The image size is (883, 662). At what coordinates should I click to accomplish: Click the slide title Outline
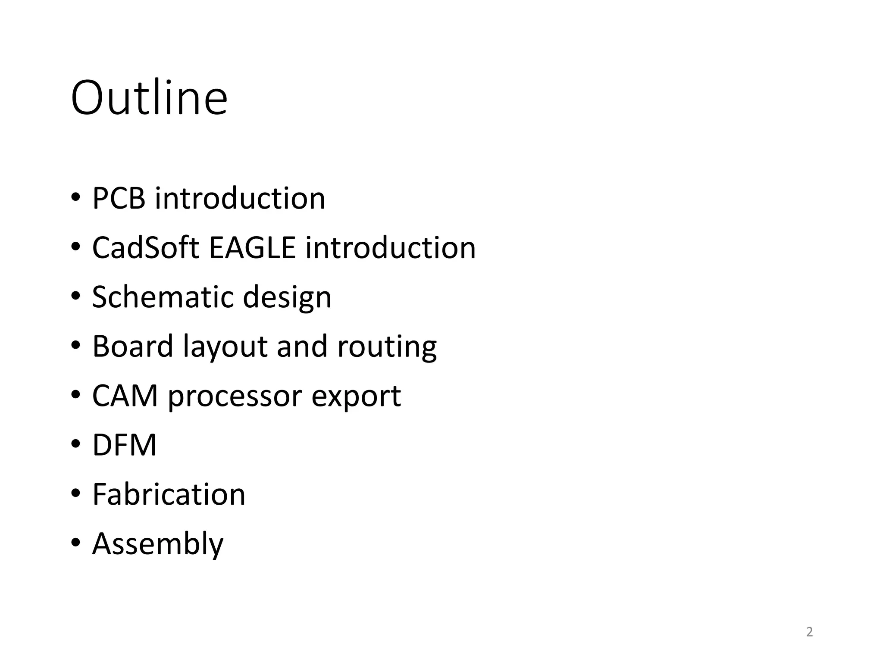coord(149,98)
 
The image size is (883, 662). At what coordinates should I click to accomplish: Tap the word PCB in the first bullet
coord(119,198)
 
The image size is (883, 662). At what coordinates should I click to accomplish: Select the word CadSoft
coord(146,248)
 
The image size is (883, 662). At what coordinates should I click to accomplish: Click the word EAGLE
coord(252,248)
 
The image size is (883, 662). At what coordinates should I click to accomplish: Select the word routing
coord(387,347)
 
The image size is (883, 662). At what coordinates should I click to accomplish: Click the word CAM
coord(125,396)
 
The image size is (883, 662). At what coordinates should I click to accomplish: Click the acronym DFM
coord(124,445)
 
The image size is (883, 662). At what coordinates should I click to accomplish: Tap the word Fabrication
coord(169,494)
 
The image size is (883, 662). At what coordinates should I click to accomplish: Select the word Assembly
coord(158,544)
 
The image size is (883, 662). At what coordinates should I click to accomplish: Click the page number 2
coord(809,632)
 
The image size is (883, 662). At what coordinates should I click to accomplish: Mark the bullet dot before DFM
coord(76,444)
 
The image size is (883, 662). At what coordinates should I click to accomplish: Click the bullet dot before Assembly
coord(76,542)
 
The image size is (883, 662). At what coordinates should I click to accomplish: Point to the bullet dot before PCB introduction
coord(76,197)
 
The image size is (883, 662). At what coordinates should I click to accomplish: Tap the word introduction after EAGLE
coord(390,248)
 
